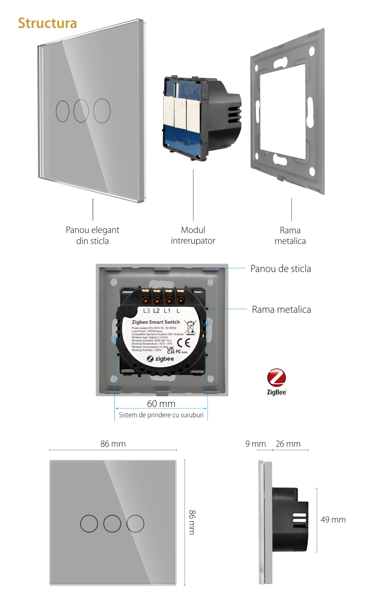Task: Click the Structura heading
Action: click(x=47, y=23)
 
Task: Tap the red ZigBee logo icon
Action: click(x=276, y=378)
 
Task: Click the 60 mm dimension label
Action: click(x=161, y=404)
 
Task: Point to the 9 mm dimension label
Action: click(x=255, y=444)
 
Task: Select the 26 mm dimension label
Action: click(x=288, y=444)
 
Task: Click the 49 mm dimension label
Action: click(x=333, y=520)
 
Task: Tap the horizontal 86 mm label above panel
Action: click(x=113, y=444)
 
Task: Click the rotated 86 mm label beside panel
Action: click(x=192, y=522)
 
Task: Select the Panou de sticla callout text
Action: click(x=280, y=269)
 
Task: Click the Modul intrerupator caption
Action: click(x=193, y=235)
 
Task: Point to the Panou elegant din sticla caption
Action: click(x=92, y=235)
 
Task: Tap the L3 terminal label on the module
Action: click(x=146, y=311)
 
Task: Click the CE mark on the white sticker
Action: click(x=183, y=343)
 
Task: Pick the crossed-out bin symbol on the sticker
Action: click(x=190, y=327)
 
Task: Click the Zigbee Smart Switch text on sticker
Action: click(x=156, y=322)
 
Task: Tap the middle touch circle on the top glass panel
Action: click(x=81, y=110)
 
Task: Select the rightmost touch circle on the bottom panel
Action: click(x=135, y=523)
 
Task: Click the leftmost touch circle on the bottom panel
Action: click(x=89, y=523)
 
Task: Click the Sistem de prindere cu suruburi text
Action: click(x=161, y=415)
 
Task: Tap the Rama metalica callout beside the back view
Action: click(x=281, y=309)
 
